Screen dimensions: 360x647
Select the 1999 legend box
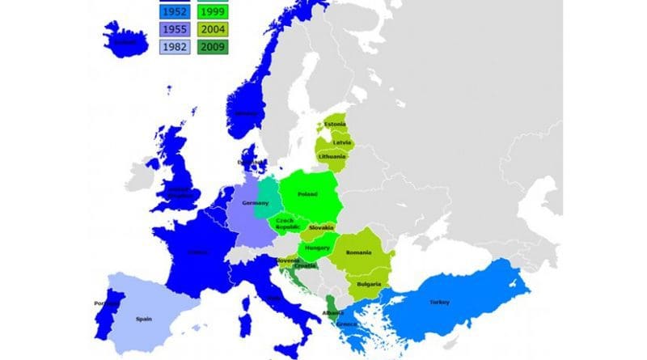(214, 12)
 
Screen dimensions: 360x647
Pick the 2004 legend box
(214, 30)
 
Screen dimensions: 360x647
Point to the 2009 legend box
(214, 48)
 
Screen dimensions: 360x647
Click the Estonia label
(335, 124)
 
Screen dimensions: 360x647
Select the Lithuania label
(332, 156)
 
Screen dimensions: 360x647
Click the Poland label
(307, 194)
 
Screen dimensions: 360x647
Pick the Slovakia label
(321, 228)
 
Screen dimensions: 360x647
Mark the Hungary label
(317, 248)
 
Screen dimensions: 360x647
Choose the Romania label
(358, 252)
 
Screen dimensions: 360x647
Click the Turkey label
(439, 302)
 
